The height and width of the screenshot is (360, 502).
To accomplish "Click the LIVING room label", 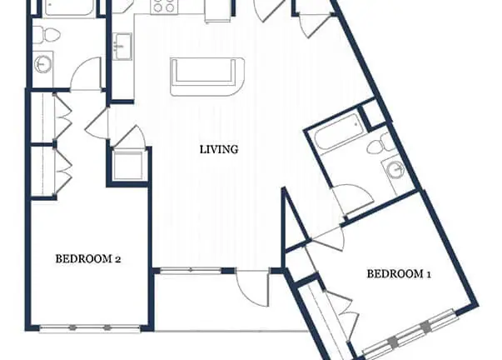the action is pyautogui.click(x=219, y=150).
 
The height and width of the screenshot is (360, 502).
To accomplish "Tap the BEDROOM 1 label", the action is pyautogui.click(x=399, y=274).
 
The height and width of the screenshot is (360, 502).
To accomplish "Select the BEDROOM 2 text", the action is pyautogui.click(x=88, y=258).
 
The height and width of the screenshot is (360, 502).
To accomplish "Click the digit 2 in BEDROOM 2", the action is pyautogui.click(x=117, y=259).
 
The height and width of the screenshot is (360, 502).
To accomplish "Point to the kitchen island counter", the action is pyautogui.click(x=207, y=77).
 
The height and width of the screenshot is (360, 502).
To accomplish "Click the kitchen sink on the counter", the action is pyautogui.click(x=122, y=47).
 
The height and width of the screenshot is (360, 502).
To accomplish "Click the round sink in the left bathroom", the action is pyautogui.click(x=42, y=64).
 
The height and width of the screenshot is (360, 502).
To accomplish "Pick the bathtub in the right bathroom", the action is pyautogui.click(x=339, y=132).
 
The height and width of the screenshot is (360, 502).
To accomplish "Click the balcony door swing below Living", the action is pyautogui.click(x=251, y=288).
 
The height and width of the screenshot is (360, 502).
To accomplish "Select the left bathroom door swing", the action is pyautogui.click(x=86, y=73).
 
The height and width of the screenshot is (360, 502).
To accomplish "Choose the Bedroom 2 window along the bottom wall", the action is pyautogui.click(x=90, y=328).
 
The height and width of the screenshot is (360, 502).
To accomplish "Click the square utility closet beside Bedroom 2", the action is pyautogui.click(x=128, y=166).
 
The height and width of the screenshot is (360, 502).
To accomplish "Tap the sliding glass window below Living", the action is pyautogui.click(x=191, y=271).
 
